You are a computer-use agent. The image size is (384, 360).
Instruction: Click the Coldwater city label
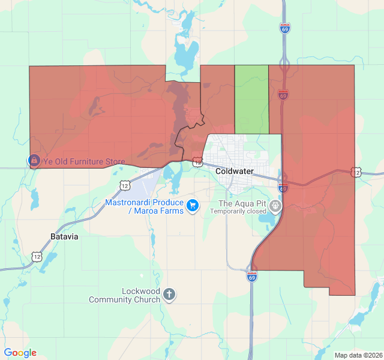[235, 172]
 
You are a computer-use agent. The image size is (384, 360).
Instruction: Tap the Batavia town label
[65, 236]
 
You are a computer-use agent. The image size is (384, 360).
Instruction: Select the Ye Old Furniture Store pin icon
[34, 161]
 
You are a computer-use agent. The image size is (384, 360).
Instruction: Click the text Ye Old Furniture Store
[83, 162]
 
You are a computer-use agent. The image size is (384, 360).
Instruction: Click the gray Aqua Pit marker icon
[275, 206]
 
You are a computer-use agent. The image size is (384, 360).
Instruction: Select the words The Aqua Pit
[242, 203]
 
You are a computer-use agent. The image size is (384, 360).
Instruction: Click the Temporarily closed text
[238, 211]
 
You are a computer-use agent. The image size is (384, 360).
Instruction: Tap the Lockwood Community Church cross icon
[170, 294]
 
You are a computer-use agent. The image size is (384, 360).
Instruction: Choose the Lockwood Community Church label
[124, 295]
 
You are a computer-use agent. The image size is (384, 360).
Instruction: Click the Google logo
[20, 353]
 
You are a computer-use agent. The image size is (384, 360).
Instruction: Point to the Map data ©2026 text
[358, 355]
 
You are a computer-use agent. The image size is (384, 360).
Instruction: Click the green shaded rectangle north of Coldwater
[251, 99]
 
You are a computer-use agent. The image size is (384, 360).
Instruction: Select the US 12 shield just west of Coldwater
[197, 161]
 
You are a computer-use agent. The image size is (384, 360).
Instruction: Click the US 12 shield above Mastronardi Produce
[124, 185]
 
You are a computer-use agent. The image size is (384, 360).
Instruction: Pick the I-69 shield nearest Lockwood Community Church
[253, 277]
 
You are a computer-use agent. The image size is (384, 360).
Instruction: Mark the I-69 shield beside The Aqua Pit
[283, 188]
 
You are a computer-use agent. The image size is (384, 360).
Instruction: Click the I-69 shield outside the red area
[285, 28]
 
